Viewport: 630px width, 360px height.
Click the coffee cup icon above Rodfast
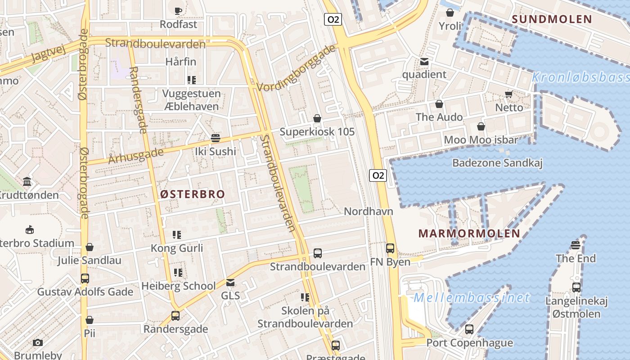pyautogui.click(x=178, y=11)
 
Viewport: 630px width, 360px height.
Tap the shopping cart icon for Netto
pyautogui.click(x=509, y=94)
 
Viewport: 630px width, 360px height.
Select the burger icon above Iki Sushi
pyautogui.click(x=216, y=138)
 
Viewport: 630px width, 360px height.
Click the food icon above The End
pyautogui.click(x=575, y=245)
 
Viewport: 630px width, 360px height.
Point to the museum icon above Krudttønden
pyautogui.click(x=27, y=182)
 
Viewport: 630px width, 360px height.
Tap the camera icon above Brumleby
pyautogui.click(x=38, y=342)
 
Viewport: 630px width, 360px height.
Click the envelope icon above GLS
pyautogui.click(x=230, y=283)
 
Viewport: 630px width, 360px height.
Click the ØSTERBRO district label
pyautogui.click(x=193, y=194)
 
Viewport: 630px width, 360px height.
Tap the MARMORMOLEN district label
pyautogui.click(x=469, y=234)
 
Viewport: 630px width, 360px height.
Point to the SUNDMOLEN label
pyautogui.click(x=552, y=19)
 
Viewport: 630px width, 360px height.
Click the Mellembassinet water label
pyautogui.click(x=472, y=298)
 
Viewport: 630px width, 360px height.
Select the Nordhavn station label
pyautogui.click(x=369, y=211)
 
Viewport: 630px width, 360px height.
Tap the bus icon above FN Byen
pyautogui.click(x=390, y=248)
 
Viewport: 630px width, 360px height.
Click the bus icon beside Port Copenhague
pyautogui.click(x=469, y=329)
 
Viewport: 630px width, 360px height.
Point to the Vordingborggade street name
pyautogui.click(x=297, y=67)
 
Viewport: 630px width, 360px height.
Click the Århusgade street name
pyautogui.click(x=136, y=156)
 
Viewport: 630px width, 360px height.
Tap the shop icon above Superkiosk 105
pyautogui.click(x=317, y=118)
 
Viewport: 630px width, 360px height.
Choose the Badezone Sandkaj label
pyautogui.click(x=497, y=163)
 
